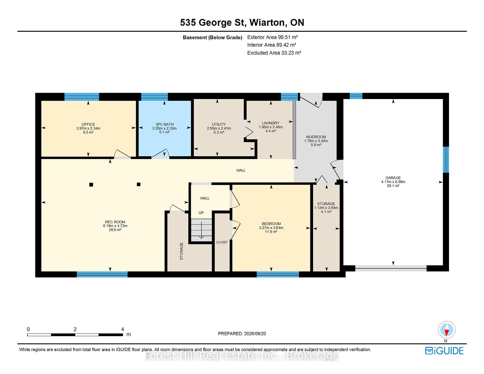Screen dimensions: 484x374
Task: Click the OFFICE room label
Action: [88, 124]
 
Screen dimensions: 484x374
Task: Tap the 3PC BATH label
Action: [164, 124]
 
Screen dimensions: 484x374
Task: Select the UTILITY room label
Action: [219, 124]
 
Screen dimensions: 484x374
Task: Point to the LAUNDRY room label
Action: [270, 123]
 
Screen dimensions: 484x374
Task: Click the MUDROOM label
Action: [316, 137]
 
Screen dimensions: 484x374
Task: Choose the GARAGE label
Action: [393, 178]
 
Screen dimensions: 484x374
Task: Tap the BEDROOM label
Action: [271, 224]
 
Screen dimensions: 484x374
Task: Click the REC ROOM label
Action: [115, 222]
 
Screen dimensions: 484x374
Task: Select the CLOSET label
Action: [222, 242]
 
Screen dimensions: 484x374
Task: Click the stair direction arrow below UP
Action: [201, 230]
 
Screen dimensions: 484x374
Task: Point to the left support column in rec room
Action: [91, 185]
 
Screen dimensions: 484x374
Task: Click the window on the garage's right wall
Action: [446, 160]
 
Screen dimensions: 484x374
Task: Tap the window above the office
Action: [82, 97]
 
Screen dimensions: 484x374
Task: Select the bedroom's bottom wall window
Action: [278, 274]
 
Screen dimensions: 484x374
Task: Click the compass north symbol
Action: [447, 330]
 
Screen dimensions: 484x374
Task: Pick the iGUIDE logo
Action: [444, 351]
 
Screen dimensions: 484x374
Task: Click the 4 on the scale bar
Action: [123, 329]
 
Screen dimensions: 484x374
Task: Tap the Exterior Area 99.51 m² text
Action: [273, 37]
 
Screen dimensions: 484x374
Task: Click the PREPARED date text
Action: [242, 334]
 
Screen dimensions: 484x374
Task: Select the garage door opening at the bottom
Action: [391, 268]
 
